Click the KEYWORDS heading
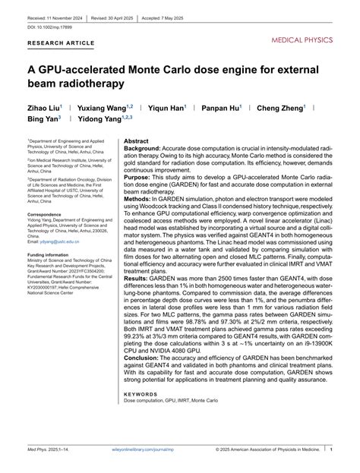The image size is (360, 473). pos(141,394)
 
